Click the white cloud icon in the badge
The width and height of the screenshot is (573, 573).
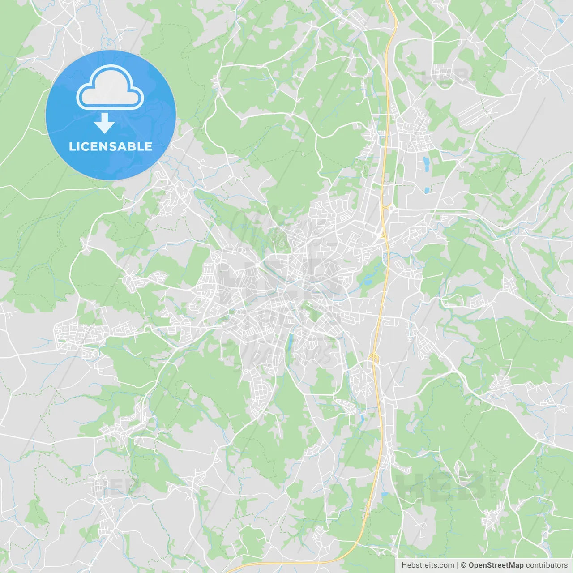click(110, 88)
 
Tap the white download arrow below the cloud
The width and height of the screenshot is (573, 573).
click(105, 123)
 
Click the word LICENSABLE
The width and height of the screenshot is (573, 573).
click(111, 146)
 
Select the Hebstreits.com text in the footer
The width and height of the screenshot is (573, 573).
click(428, 565)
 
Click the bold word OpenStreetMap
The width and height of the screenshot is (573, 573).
click(496, 565)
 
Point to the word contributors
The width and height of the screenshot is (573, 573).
click(547, 565)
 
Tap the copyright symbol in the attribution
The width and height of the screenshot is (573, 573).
click(463, 565)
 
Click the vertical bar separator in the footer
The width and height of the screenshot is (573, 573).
click(458, 565)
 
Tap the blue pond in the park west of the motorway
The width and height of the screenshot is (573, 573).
click(368, 281)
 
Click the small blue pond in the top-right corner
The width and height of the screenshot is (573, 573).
click(560, 21)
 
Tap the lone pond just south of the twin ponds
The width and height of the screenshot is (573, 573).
click(427, 189)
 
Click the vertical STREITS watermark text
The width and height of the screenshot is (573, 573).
click(493, 483)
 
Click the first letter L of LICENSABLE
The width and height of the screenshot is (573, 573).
click(72, 146)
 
